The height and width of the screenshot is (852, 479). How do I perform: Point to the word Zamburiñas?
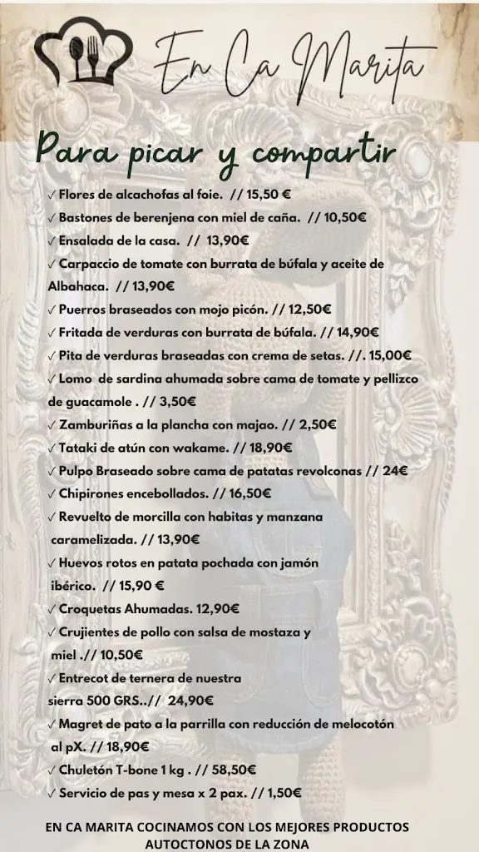point(95,424)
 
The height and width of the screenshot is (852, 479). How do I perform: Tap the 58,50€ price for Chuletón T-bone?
point(234,770)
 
